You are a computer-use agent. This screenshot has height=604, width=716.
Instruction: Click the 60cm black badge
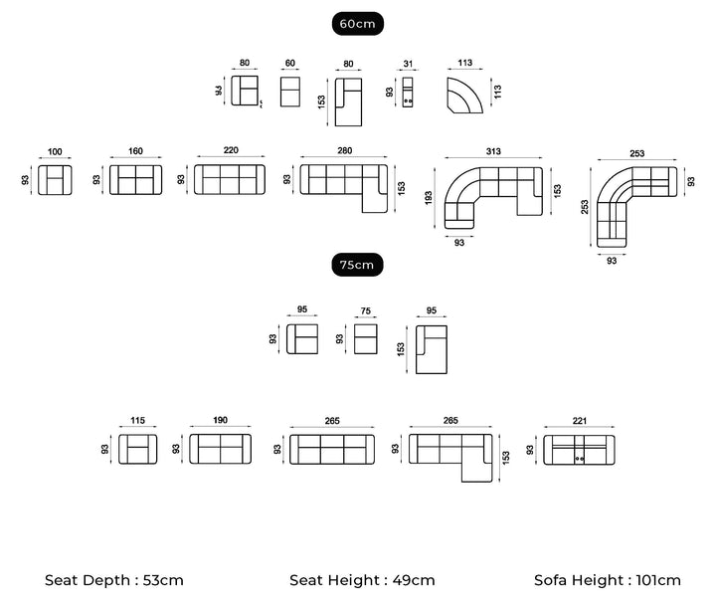tap(358, 24)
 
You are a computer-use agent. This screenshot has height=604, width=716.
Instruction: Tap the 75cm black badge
tap(358, 265)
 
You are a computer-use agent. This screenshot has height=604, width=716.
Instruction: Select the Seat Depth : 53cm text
tap(114, 580)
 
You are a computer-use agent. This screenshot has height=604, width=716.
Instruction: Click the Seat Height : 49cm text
tap(362, 580)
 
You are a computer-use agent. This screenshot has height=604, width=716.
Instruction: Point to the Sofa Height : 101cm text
tap(608, 580)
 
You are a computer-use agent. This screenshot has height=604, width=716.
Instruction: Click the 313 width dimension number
tap(493, 151)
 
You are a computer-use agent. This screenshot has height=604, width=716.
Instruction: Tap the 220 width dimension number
tap(231, 151)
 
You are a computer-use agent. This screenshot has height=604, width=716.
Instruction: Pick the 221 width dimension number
tap(579, 421)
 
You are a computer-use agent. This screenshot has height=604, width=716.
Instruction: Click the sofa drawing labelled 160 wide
tap(135, 180)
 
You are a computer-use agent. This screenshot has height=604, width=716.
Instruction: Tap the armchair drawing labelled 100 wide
tap(55, 180)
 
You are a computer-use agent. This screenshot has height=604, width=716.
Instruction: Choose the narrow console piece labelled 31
tap(408, 91)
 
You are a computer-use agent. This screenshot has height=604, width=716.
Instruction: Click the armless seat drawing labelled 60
tap(290, 91)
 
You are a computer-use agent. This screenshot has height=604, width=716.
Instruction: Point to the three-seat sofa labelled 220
tap(231, 180)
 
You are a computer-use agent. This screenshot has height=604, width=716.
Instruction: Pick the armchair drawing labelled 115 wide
tap(138, 449)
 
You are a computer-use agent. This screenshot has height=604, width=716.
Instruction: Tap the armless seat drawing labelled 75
tap(366, 338)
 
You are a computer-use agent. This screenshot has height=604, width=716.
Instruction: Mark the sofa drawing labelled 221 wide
tap(579, 449)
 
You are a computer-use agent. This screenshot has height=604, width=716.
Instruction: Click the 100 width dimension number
tap(55, 152)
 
